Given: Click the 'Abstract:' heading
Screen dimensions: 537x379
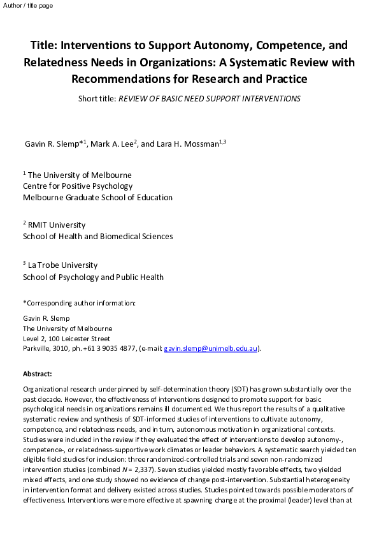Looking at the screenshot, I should tap(38, 374).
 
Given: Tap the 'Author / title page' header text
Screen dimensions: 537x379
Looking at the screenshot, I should tap(28, 6).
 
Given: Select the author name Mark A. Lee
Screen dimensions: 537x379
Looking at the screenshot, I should tap(113, 143).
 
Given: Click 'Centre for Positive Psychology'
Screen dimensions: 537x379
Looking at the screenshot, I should tap(78, 186).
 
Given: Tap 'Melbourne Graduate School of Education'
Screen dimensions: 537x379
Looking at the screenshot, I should tap(97, 198).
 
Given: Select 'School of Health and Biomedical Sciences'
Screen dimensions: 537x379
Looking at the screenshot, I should tap(97, 237).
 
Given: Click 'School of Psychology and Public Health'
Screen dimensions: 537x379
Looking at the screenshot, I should tap(93, 277).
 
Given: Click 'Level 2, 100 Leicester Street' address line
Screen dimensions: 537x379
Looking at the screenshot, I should tap(66, 339).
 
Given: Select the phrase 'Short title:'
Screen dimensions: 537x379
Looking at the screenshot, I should tap(97, 99).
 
